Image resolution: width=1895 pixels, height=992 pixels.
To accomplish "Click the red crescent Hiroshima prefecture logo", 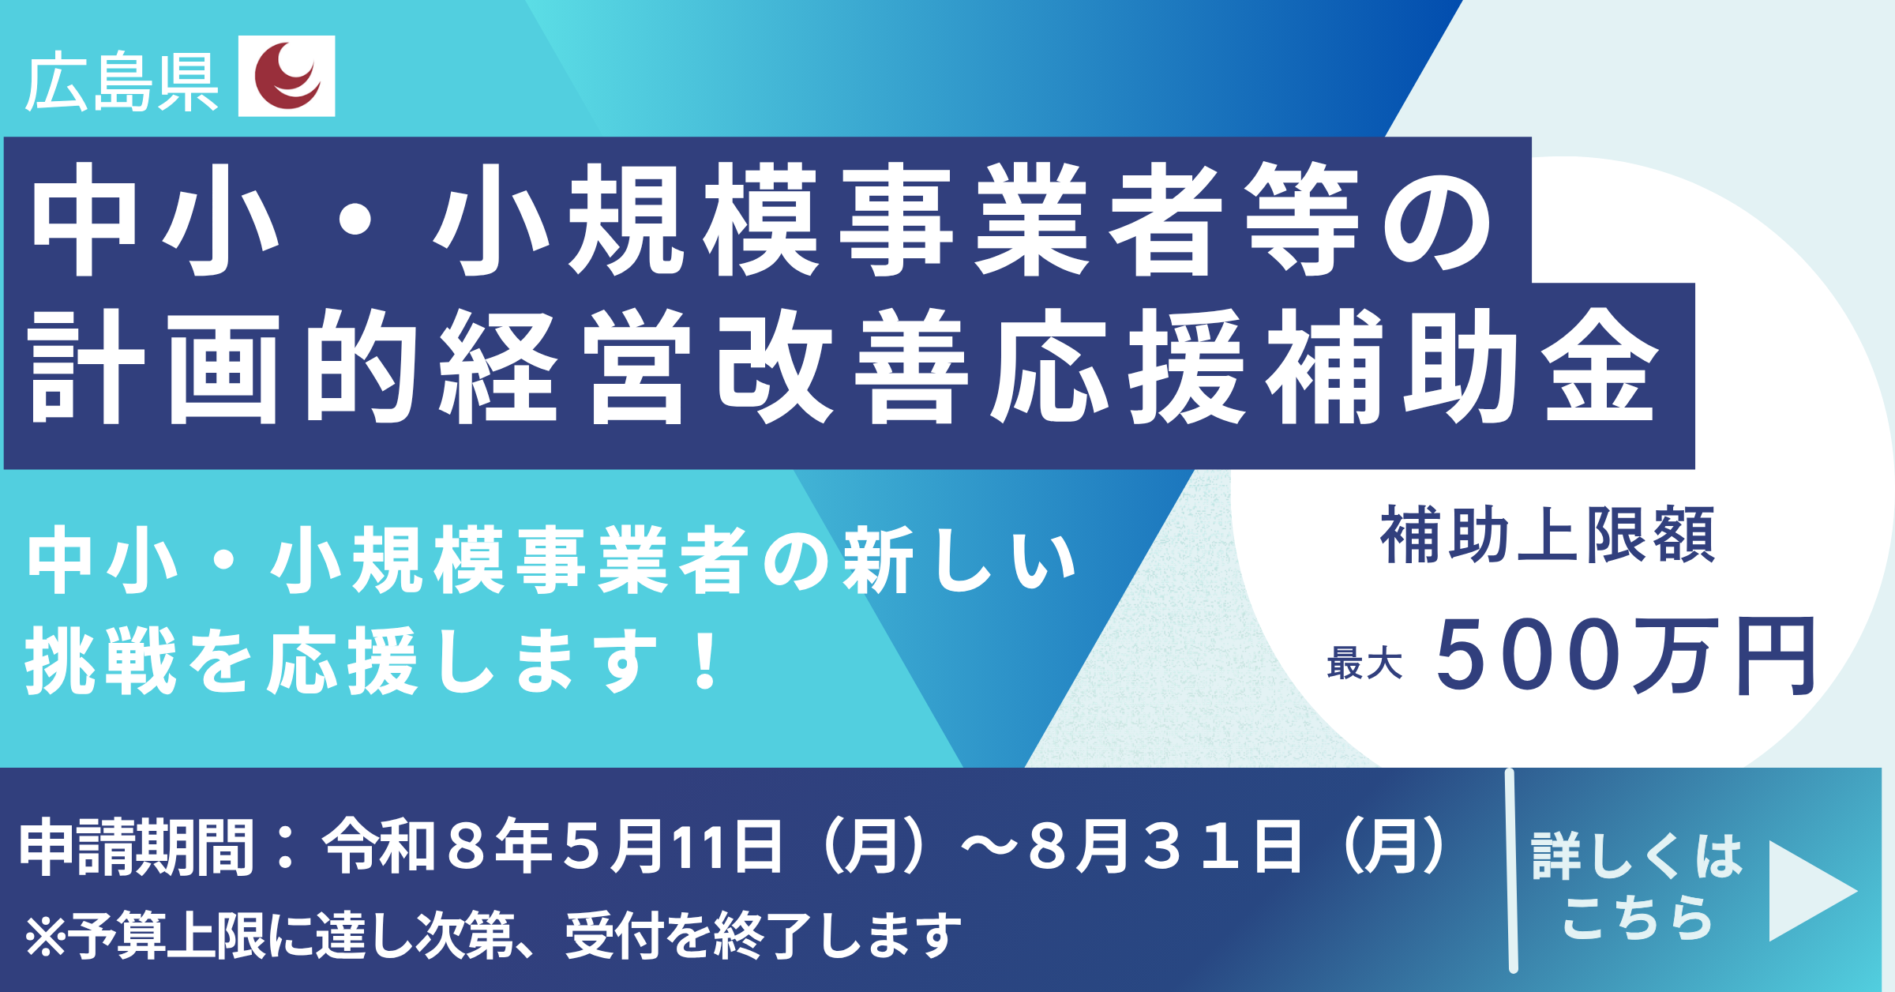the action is click(287, 76).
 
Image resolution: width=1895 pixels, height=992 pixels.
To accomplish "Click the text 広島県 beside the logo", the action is click(122, 82).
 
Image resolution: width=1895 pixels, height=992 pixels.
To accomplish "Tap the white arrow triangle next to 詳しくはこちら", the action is click(1812, 891).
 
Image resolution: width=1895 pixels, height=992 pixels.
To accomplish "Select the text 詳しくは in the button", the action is click(1637, 856).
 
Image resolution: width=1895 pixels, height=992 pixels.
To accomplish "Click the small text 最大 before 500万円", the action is click(1364, 663).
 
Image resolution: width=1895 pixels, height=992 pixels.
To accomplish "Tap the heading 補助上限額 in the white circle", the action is click(1548, 535).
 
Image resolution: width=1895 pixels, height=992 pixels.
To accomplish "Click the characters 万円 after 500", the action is click(1724, 656).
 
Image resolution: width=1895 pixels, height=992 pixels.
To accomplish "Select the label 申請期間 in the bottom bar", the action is click(136, 847).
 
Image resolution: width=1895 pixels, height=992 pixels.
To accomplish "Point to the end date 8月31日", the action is click(1165, 847).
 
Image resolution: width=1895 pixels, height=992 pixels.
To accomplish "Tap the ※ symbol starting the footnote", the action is click(46, 937).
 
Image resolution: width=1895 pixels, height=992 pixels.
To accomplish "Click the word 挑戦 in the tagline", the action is click(101, 660).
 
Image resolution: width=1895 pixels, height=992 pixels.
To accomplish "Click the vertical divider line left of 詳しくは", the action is click(1511, 870).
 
